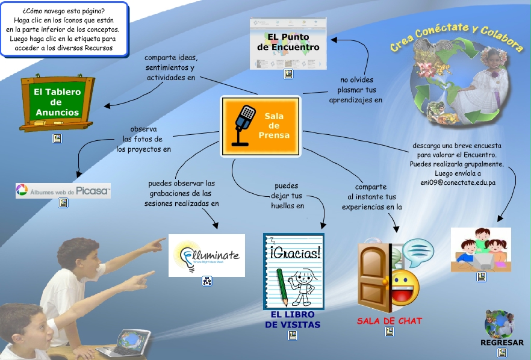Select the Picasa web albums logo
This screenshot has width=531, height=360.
63,191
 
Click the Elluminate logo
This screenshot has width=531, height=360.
206,255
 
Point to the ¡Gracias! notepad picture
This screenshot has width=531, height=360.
293,270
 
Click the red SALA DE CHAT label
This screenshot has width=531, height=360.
390,321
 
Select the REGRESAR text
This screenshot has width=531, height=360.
501,343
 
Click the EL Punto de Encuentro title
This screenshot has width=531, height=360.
288,42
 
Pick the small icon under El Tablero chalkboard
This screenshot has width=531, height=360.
57,138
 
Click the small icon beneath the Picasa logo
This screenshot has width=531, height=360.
63,203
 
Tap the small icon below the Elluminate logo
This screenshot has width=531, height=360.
207,281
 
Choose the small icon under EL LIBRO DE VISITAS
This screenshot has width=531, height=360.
293,335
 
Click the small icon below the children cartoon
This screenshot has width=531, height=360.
481,277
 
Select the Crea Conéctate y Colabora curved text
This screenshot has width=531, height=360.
456,38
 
